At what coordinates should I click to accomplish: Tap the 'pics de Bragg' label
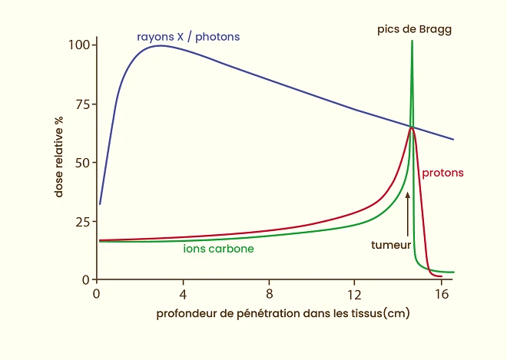(414, 29)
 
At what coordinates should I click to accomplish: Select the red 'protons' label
(442, 173)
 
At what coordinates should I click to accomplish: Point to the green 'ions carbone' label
(218, 249)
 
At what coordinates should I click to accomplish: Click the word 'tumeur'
(391, 245)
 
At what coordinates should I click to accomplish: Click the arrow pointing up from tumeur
(408, 215)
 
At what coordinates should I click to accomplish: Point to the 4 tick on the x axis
(183, 294)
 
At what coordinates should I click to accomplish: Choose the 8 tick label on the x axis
(269, 294)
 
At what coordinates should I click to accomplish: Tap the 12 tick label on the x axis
(354, 294)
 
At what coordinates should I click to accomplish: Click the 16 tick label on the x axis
(440, 294)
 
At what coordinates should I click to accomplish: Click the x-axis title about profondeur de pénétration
(282, 314)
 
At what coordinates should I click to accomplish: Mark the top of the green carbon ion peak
(413, 41)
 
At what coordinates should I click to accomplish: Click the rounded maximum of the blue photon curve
(159, 45)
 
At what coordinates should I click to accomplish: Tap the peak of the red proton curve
(413, 127)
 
